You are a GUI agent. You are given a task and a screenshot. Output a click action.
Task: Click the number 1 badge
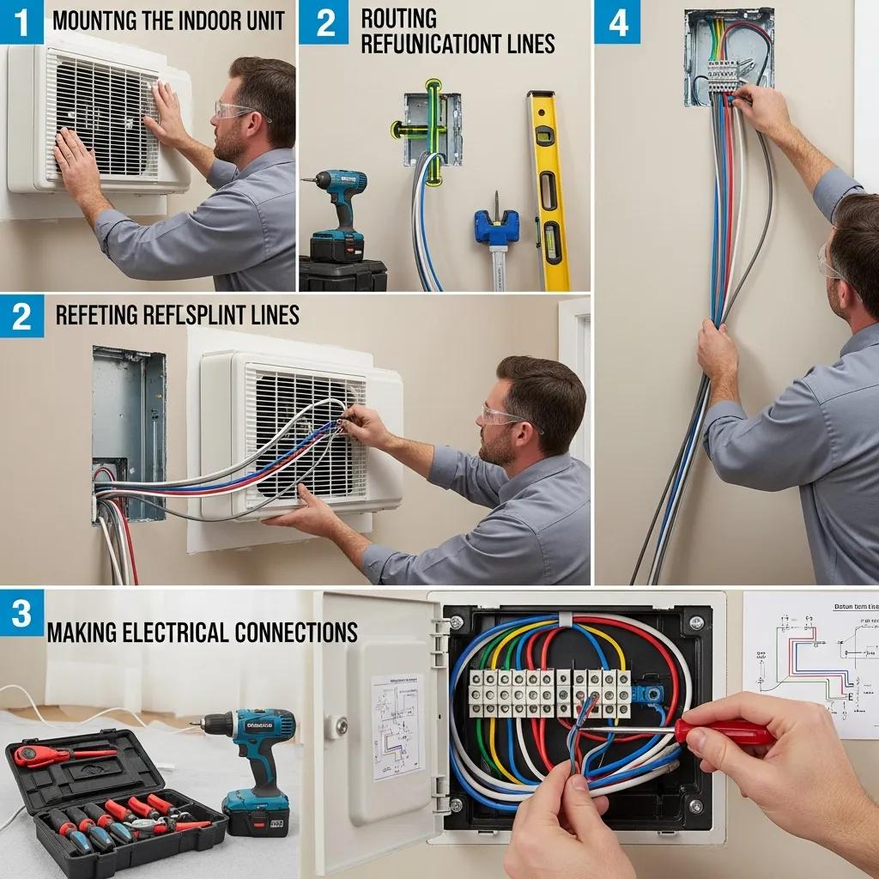pyautogui.click(x=21, y=21)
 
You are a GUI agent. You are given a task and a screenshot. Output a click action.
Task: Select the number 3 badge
pyautogui.click(x=21, y=613)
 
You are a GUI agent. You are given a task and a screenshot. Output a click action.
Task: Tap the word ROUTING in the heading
pyautogui.click(x=398, y=18)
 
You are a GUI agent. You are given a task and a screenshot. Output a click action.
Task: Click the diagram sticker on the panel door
pyautogui.click(x=397, y=725)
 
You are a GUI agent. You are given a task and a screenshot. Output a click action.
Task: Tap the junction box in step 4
pyautogui.click(x=728, y=56)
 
